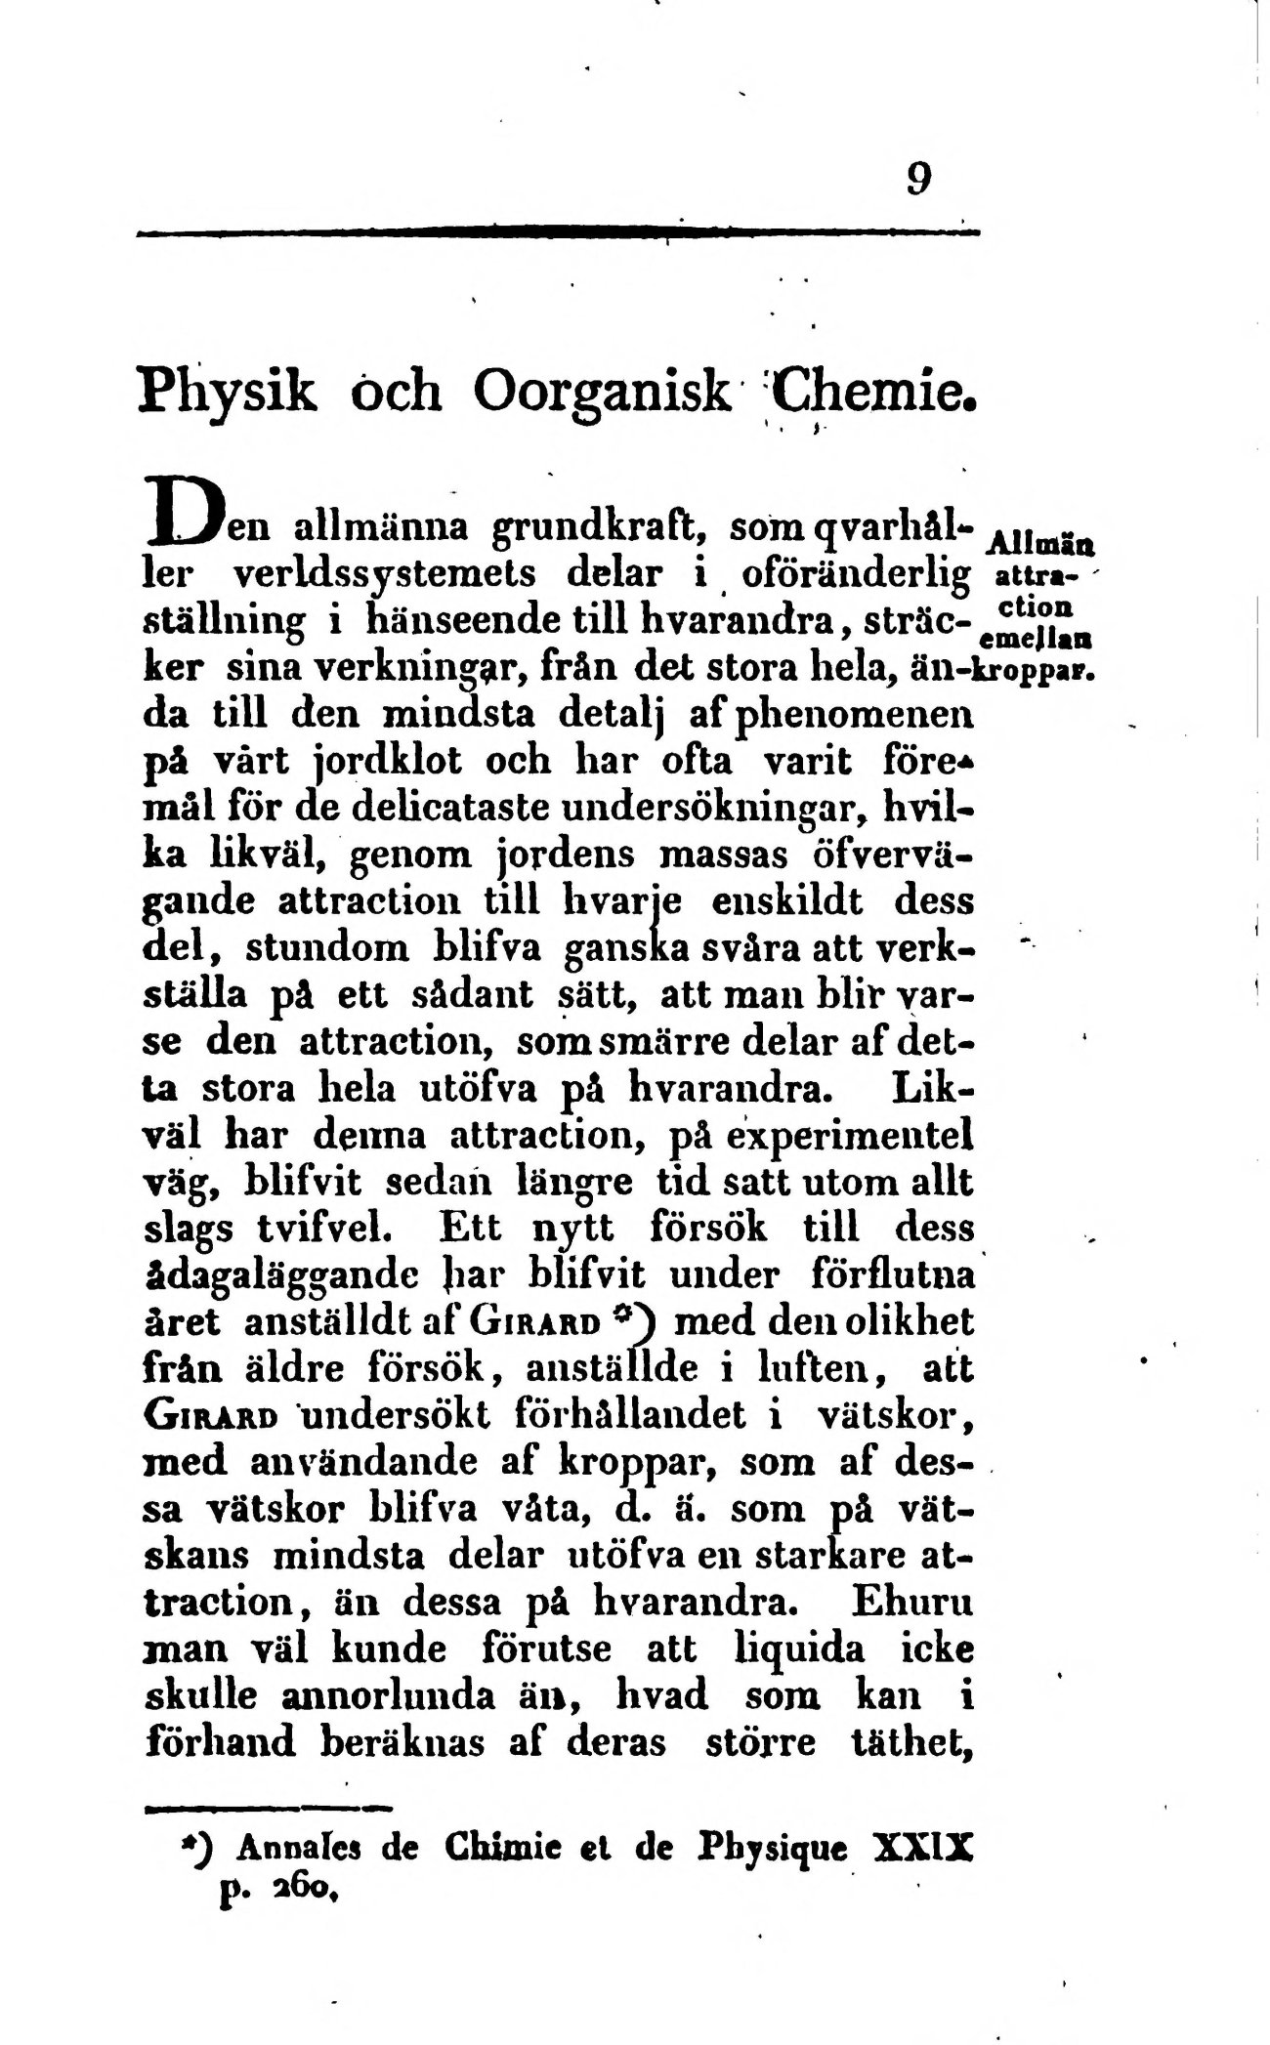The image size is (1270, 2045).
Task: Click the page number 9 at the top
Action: tap(917, 178)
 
